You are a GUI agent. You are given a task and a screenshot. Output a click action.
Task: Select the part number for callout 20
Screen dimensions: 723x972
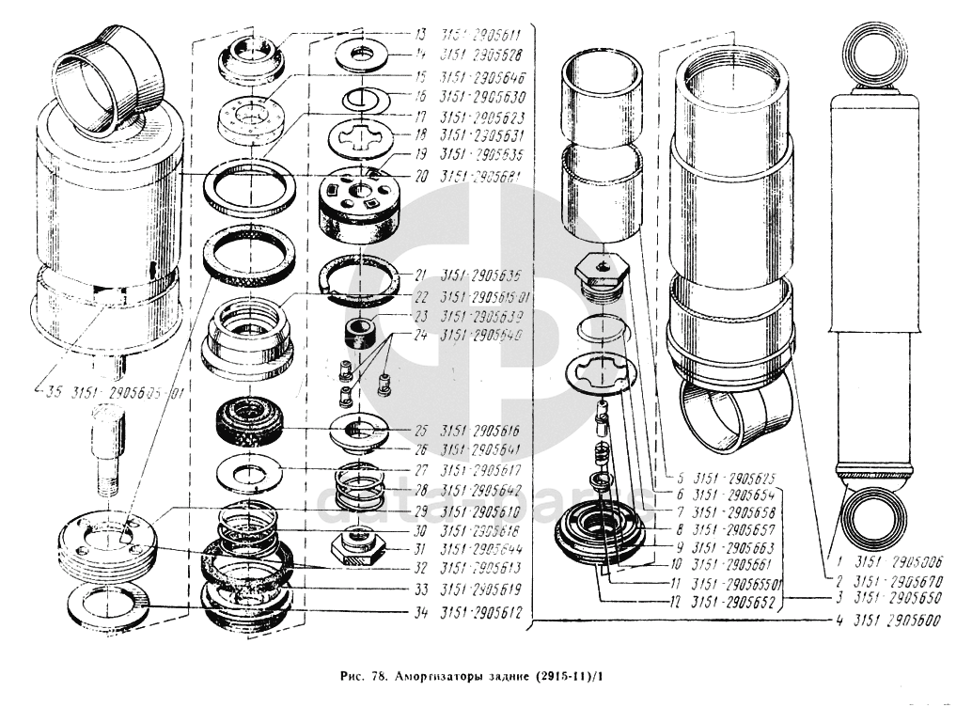pos(482,176)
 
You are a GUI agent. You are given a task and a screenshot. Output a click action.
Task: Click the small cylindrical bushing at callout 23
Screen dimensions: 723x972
pos(360,332)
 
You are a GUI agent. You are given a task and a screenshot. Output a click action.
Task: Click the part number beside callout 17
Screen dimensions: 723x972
pos(482,118)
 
